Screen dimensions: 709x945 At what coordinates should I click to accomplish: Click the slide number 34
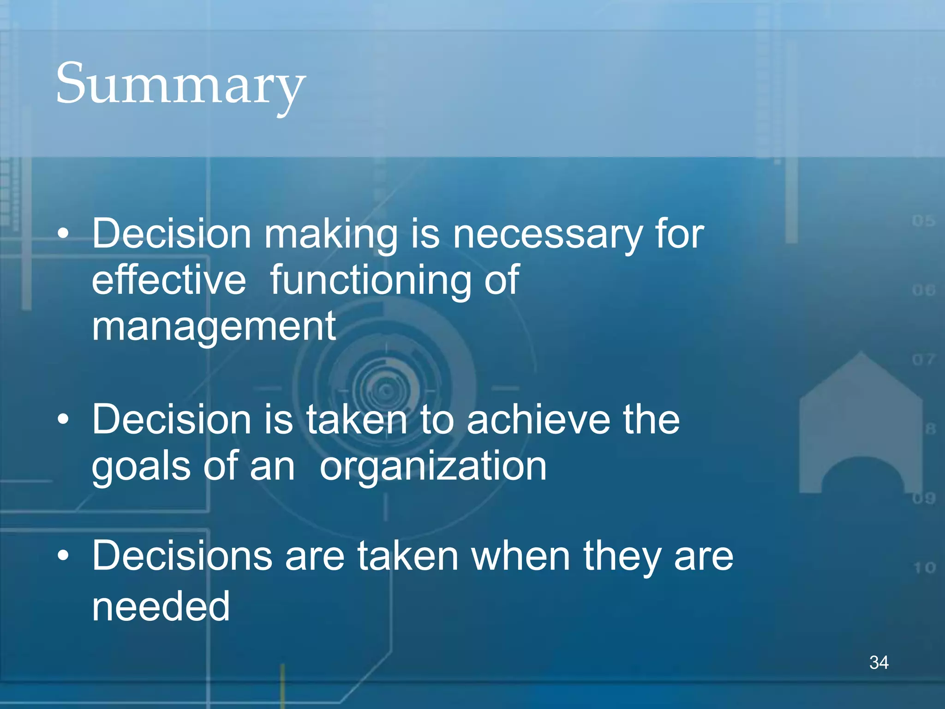tap(879, 662)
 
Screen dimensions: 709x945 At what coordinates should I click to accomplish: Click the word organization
tap(433, 467)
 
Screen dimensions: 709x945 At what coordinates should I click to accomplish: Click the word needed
tap(161, 606)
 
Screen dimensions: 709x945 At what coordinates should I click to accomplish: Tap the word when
tap(520, 556)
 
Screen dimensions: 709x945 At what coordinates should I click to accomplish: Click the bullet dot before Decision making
tap(63, 234)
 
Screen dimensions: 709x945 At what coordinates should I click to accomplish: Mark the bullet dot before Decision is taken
tap(63, 419)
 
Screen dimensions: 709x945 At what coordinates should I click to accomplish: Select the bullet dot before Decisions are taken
tap(63, 556)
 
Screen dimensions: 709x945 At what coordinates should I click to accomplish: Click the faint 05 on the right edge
tap(923, 221)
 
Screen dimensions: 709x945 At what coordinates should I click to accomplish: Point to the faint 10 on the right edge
tap(925, 567)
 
